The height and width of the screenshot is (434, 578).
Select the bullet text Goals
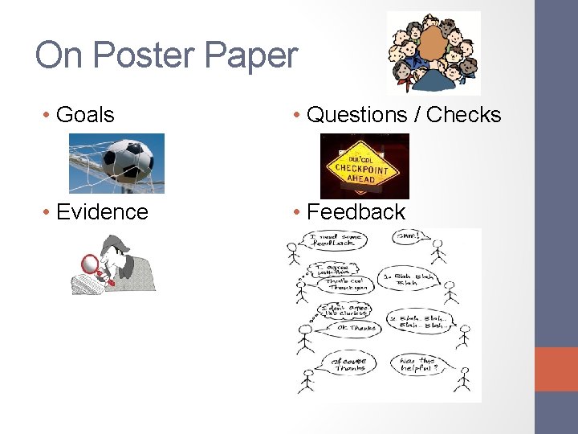point(85,115)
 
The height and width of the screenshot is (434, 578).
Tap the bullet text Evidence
point(102,211)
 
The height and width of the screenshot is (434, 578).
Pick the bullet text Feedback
point(356,211)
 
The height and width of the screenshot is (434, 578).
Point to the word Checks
point(464,115)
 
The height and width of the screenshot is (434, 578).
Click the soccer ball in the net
point(128,158)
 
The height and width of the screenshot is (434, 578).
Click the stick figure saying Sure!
point(438,251)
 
